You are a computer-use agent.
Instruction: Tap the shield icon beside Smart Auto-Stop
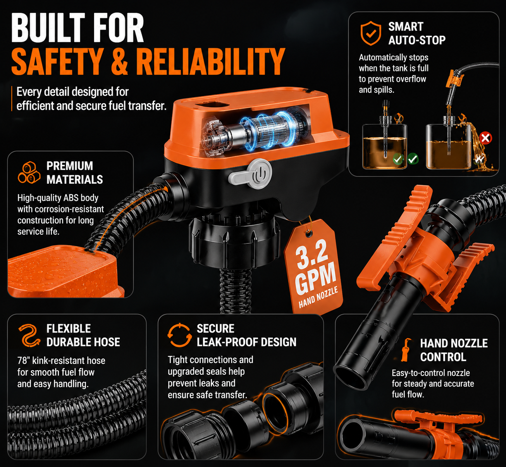click(371, 33)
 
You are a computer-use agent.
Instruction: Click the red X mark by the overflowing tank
click(485, 138)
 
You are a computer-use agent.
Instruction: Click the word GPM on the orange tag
click(315, 279)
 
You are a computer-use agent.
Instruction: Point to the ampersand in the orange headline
click(119, 62)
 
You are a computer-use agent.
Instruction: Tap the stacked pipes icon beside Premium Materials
click(29, 172)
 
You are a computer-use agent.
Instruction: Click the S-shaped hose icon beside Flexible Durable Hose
click(29, 336)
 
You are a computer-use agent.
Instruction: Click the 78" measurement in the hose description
click(24, 360)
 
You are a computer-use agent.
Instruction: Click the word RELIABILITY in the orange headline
click(210, 62)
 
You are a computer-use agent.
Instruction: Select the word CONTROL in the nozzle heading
click(443, 357)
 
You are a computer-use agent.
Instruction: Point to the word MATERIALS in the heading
click(75, 179)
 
